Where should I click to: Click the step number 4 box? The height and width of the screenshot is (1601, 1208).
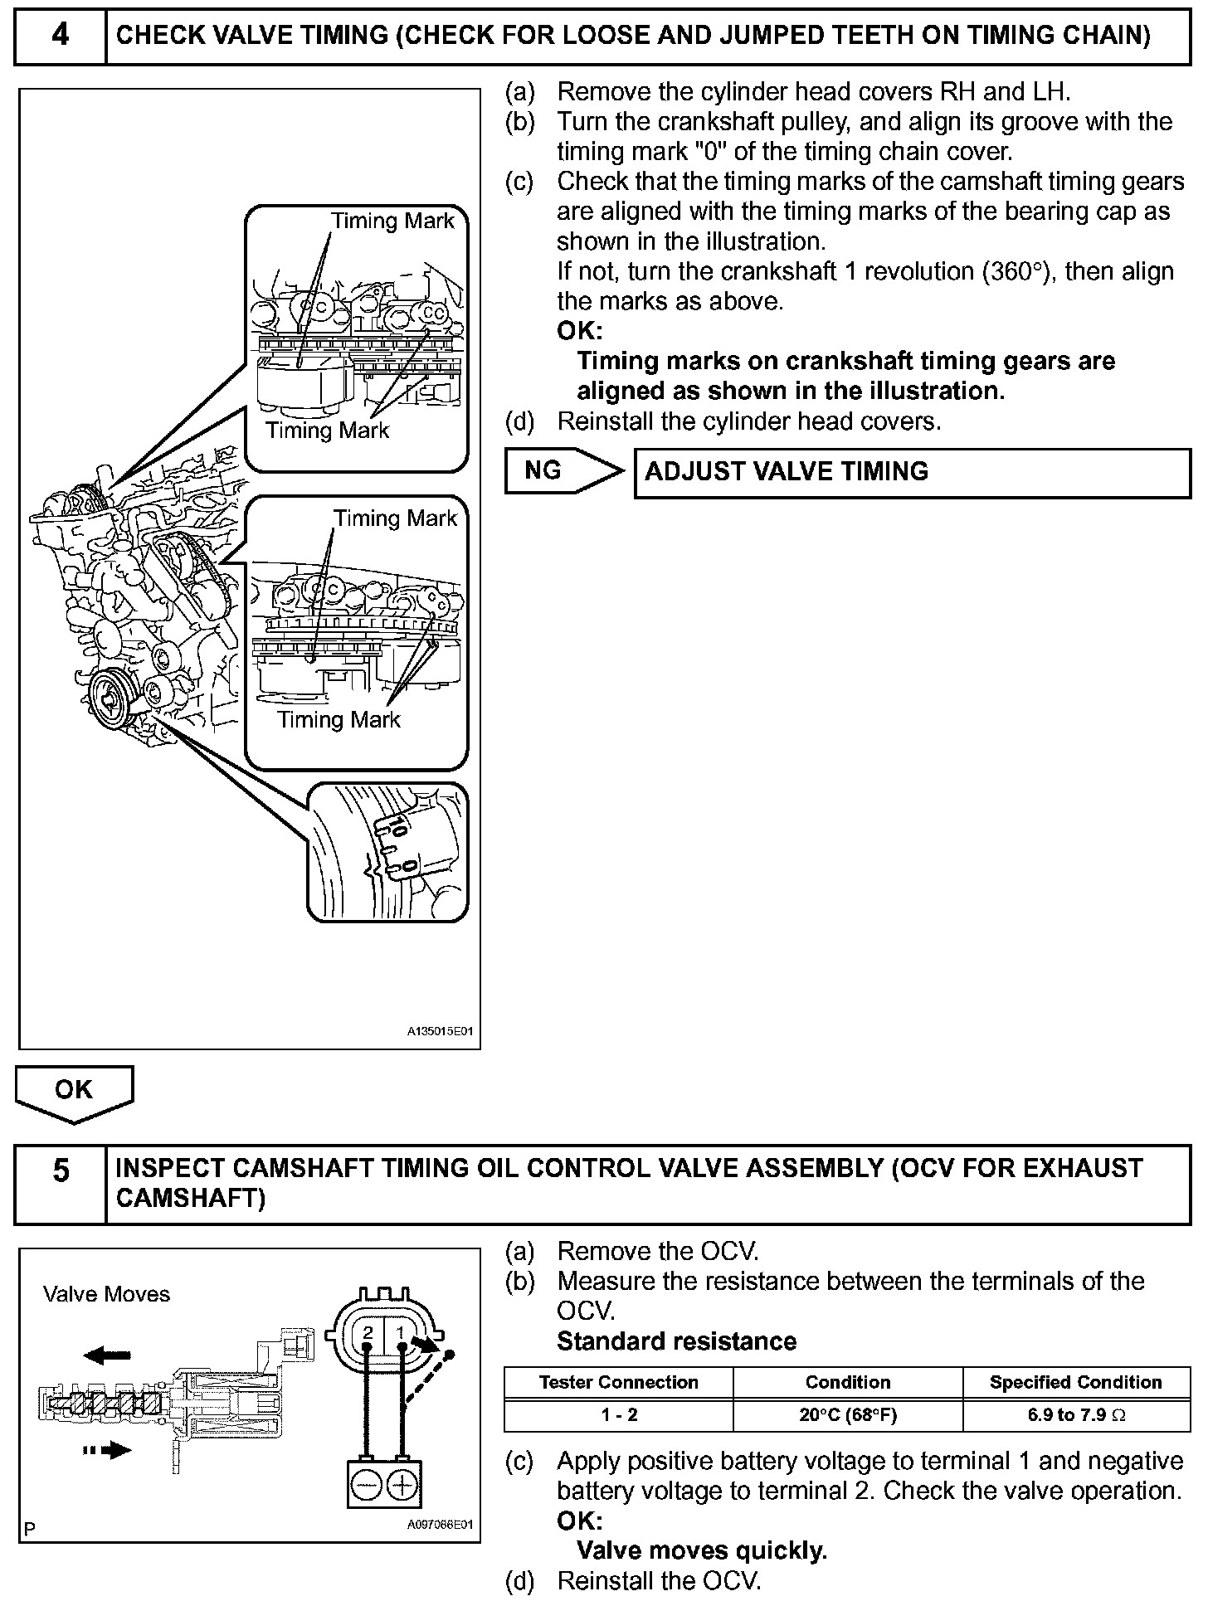61,36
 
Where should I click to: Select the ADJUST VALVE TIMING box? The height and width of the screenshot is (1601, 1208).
912,473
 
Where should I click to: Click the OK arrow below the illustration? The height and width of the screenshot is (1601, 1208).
74,1091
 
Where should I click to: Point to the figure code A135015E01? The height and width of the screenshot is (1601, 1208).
440,1032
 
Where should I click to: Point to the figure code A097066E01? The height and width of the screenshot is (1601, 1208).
440,1525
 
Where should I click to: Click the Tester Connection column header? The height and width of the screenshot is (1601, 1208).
618,1382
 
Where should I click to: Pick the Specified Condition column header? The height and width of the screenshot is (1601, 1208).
1075,1382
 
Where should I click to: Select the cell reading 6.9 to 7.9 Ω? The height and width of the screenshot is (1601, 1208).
1075,1414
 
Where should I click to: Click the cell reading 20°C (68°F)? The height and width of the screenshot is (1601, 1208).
847,1414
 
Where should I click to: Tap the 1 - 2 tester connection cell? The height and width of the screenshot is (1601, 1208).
618,1414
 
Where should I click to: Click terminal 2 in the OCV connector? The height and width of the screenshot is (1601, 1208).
368,1333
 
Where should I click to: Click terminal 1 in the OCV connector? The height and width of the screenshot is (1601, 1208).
401,1333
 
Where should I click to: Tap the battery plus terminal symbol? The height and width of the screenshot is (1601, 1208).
402,1484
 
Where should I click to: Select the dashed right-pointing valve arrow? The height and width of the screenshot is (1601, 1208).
108,1450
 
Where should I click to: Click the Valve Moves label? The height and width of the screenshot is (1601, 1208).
106,1294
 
